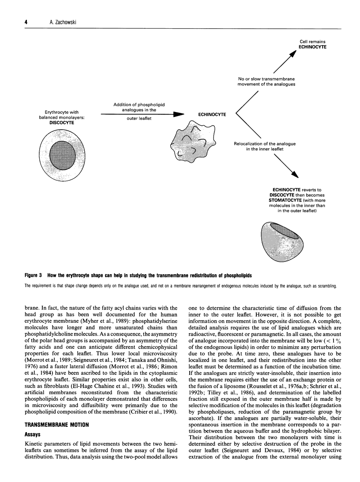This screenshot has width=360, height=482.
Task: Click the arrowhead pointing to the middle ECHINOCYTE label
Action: click(x=178, y=115)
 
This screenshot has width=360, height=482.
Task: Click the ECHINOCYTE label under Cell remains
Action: click(x=312, y=47)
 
